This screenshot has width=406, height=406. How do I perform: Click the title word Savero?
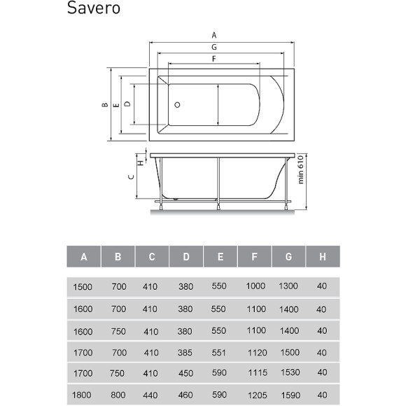[x=94, y=9]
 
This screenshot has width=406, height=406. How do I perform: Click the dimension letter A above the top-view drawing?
[x=214, y=34]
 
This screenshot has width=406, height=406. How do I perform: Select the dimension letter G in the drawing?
[x=213, y=47]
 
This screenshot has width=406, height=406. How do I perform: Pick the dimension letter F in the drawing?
[x=213, y=59]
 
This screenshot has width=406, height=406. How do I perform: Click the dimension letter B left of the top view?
[x=104, y=105]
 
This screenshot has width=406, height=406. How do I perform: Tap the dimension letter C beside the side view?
[x=130, y=177]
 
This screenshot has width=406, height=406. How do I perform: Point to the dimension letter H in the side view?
[x=140, y=162]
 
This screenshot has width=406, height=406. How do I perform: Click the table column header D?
[x=186, y=257]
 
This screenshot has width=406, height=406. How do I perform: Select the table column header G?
[x=288, y=257]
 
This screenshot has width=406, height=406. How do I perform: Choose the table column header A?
[x=84, y=257]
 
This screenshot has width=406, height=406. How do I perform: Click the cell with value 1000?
[x=255, y=286]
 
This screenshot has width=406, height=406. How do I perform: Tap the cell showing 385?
[x=186, y=352]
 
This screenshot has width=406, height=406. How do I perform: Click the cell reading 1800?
[x=83, y=396]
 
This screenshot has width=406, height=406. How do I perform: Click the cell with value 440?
[x=151, y=396]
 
